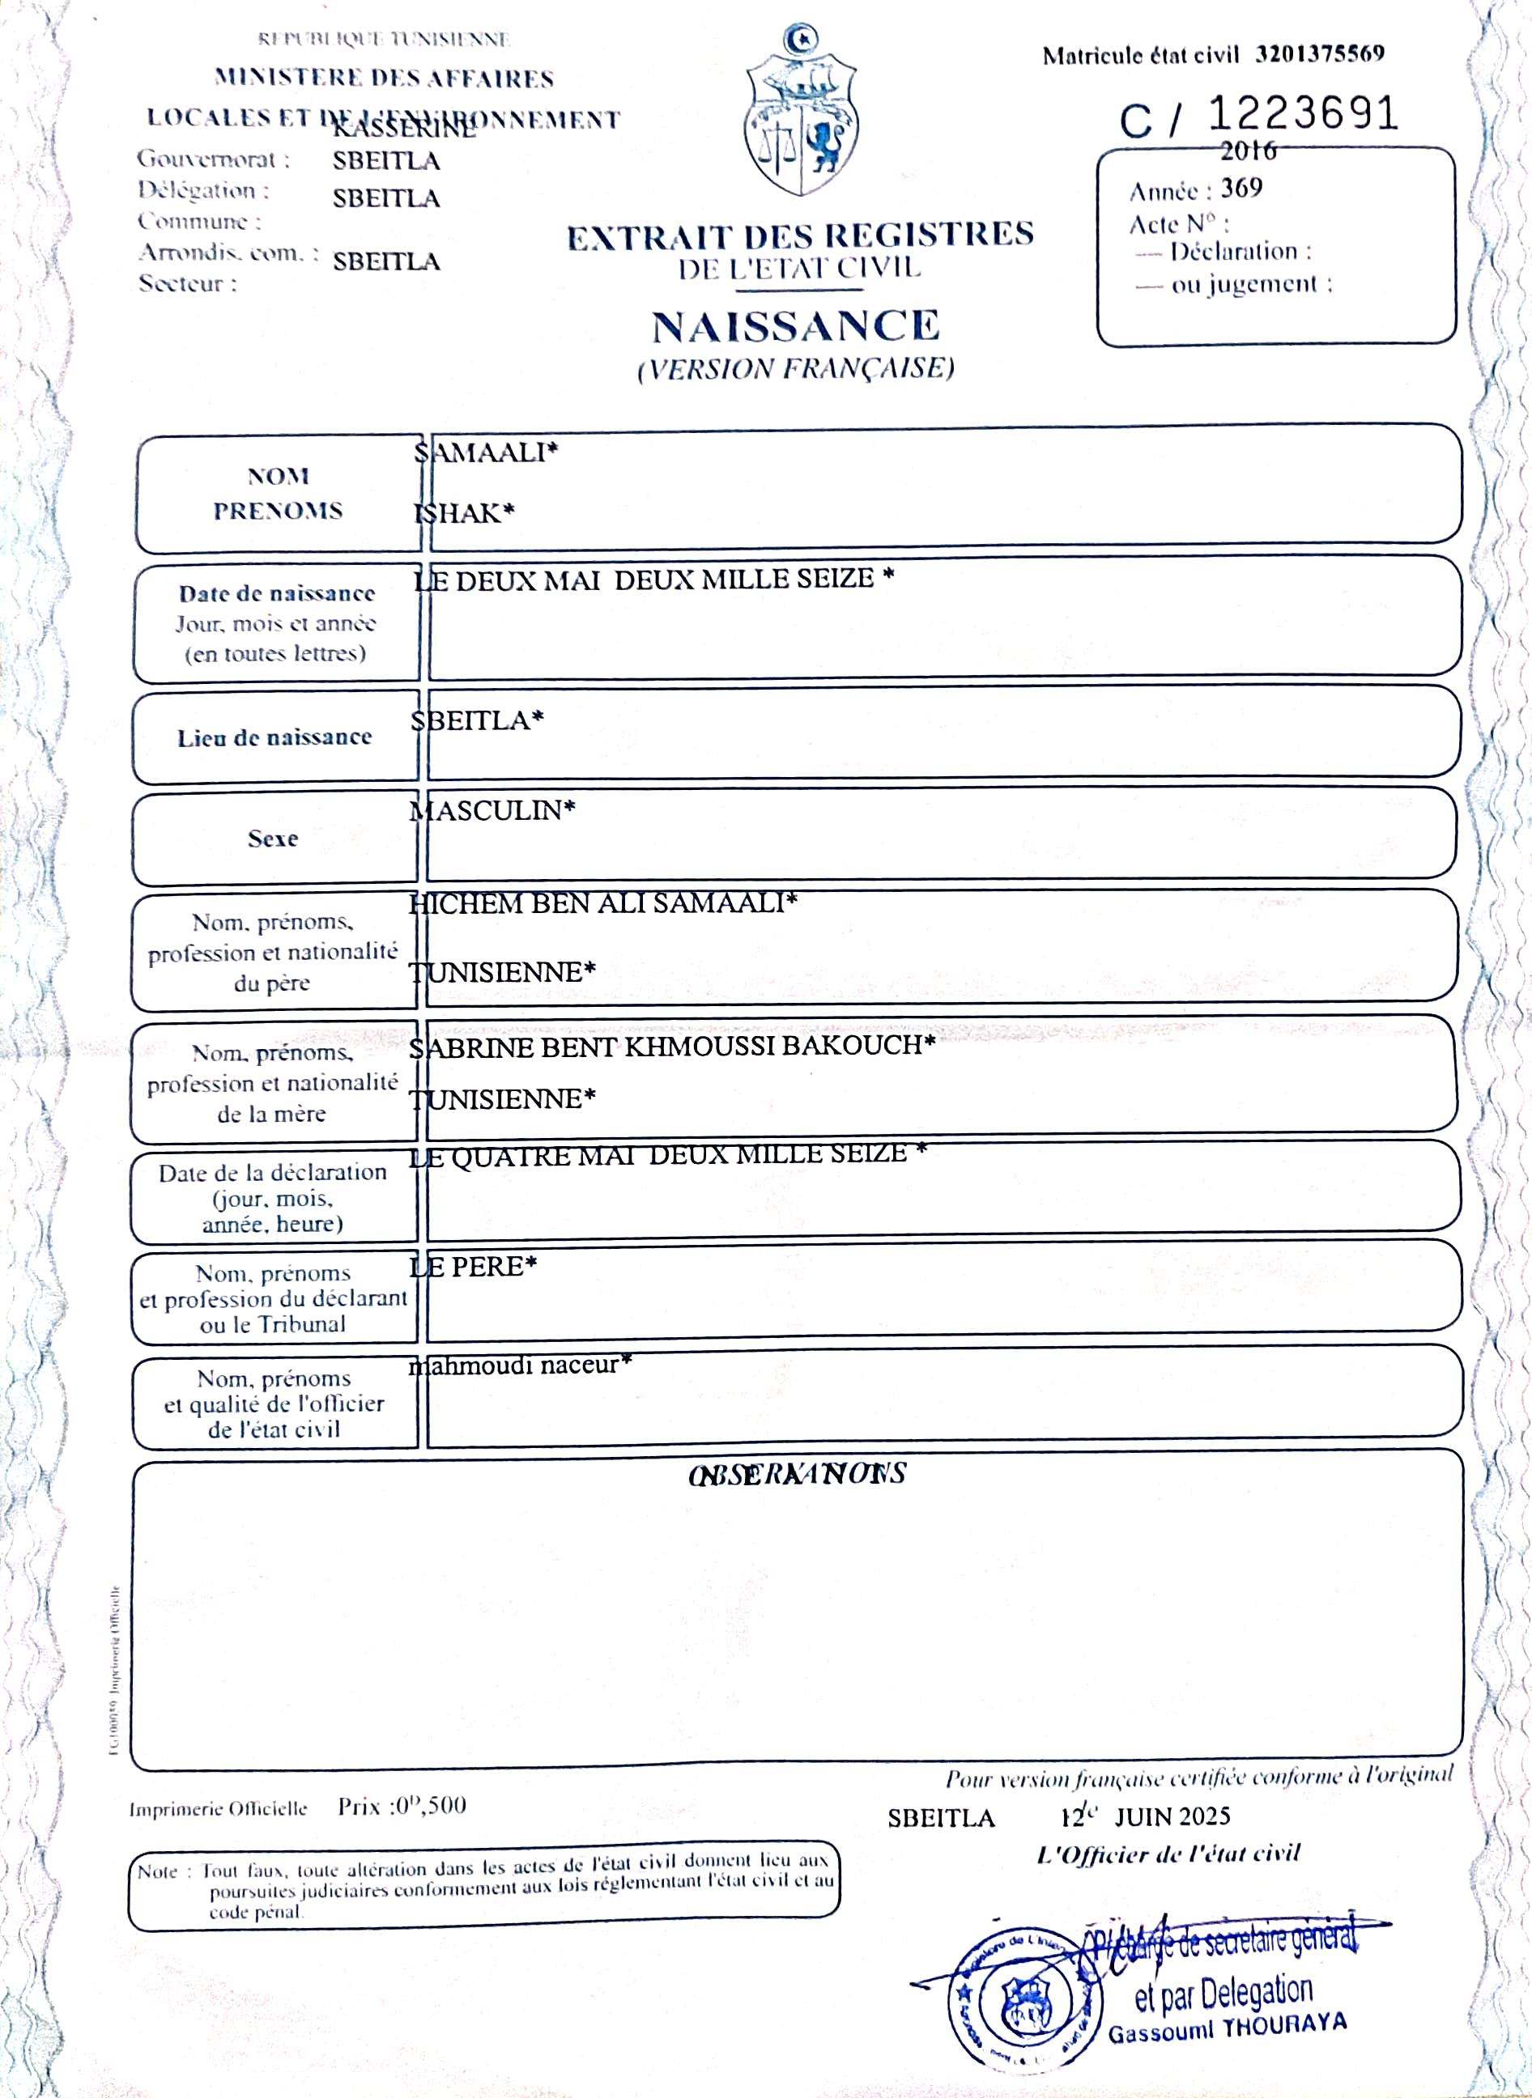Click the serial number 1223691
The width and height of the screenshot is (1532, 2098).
(1302, 114)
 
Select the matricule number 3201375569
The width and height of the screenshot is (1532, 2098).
(1320, 53)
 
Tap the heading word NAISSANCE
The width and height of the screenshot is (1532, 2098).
(796, 326)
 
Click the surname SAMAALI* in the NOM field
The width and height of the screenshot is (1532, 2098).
(485, 452)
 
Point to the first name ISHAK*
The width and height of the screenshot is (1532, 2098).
(464, 512)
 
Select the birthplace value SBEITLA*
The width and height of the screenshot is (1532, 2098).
(477, 720)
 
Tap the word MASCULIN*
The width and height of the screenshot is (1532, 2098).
(492, 810)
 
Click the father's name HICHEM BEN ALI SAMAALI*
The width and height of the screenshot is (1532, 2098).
(602, 903)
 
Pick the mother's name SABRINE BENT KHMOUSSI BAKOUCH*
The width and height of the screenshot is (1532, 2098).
(671, 1046)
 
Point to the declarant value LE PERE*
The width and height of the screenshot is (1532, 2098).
(473, 1267)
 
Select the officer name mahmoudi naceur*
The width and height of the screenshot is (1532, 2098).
(519, 1365)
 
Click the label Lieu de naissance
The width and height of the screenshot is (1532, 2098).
(274, 738)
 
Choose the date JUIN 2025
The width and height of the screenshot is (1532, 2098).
(1172, 1816)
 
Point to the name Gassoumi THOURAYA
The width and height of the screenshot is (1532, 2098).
(1227, 2028)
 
